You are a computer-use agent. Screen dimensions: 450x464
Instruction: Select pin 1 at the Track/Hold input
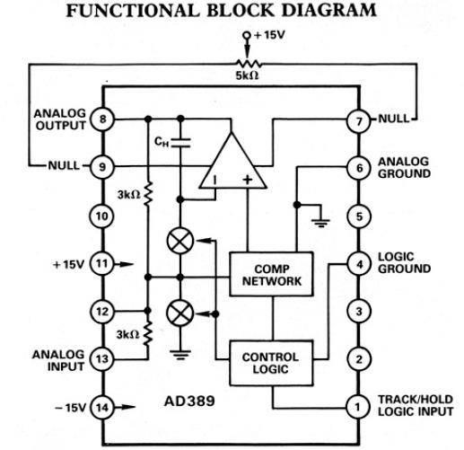pyautogui.click(x=359, y=408)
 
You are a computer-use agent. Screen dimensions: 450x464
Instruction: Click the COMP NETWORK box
pyautogui.click(x=271, y=277)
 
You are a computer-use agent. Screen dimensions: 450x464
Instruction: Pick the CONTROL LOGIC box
pyautogui.click(x=271, y=363)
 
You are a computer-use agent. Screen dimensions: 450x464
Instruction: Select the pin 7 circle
pyautogui.click(x=359, y=119)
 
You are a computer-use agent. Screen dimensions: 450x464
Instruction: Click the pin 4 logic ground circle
pyautogui.click(x=359, y=264)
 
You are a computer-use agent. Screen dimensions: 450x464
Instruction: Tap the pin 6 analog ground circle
pyautogui.click(x=359, y=167)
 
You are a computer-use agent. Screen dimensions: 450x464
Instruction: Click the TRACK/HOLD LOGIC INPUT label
pyautogui.click(x=416, y=407)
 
